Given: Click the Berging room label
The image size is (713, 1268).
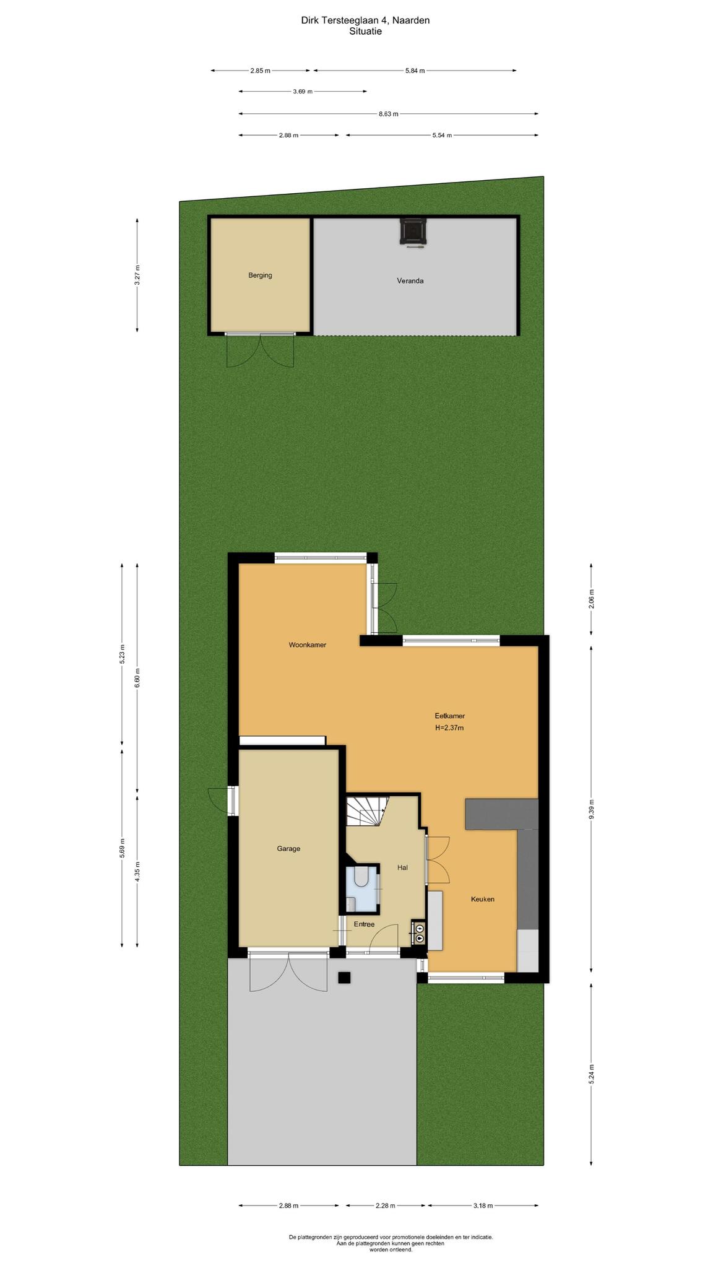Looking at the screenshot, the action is click(x=260, y=276).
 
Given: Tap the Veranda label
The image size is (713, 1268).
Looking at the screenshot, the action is click(x=410, y=281).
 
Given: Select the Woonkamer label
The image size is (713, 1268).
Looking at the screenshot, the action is click(x=307, y=645).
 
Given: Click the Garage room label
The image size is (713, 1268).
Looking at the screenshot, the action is click(x=288, y=849).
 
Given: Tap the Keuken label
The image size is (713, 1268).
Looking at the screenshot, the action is click(x=483, y=899).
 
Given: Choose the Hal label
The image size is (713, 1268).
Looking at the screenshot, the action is click(x=402, y=867).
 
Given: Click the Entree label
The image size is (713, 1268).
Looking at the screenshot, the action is click(x=364, y=924).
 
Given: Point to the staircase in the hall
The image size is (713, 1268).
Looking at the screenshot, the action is click(x=366, y=811).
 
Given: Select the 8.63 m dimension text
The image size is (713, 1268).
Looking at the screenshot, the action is click(x=389, y=114).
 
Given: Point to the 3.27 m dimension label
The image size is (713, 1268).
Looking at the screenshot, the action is click(x=137, y=276).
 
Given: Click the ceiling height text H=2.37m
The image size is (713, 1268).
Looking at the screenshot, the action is click(x=449, y=728).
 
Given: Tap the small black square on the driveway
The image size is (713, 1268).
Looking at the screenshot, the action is click(x=344, y=978).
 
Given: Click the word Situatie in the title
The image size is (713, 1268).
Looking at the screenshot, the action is click(x=365, y=32).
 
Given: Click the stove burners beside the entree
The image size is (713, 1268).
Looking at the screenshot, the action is click(x=420, y=933).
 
